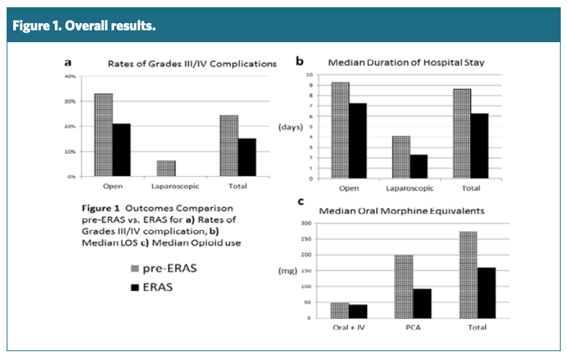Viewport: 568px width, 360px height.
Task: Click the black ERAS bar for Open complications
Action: tap(121, 150)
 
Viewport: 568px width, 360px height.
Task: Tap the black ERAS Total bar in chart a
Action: tap(247, 157)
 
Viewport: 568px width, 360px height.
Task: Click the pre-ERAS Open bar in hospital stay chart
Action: tap(340, 130)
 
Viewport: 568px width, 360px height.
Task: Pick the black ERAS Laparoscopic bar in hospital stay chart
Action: tap(418, 166)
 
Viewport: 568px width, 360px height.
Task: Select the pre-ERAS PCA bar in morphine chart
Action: tap(404, 286)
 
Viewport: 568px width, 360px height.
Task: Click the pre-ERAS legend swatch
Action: tap(134, 269)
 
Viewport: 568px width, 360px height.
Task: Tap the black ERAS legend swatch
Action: tap(134, 287)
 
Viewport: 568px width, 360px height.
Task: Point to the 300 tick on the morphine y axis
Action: tap(305, 224)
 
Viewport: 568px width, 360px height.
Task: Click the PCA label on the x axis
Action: tap(413, 328)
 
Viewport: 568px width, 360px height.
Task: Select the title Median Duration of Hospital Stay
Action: tap(407, 63)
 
